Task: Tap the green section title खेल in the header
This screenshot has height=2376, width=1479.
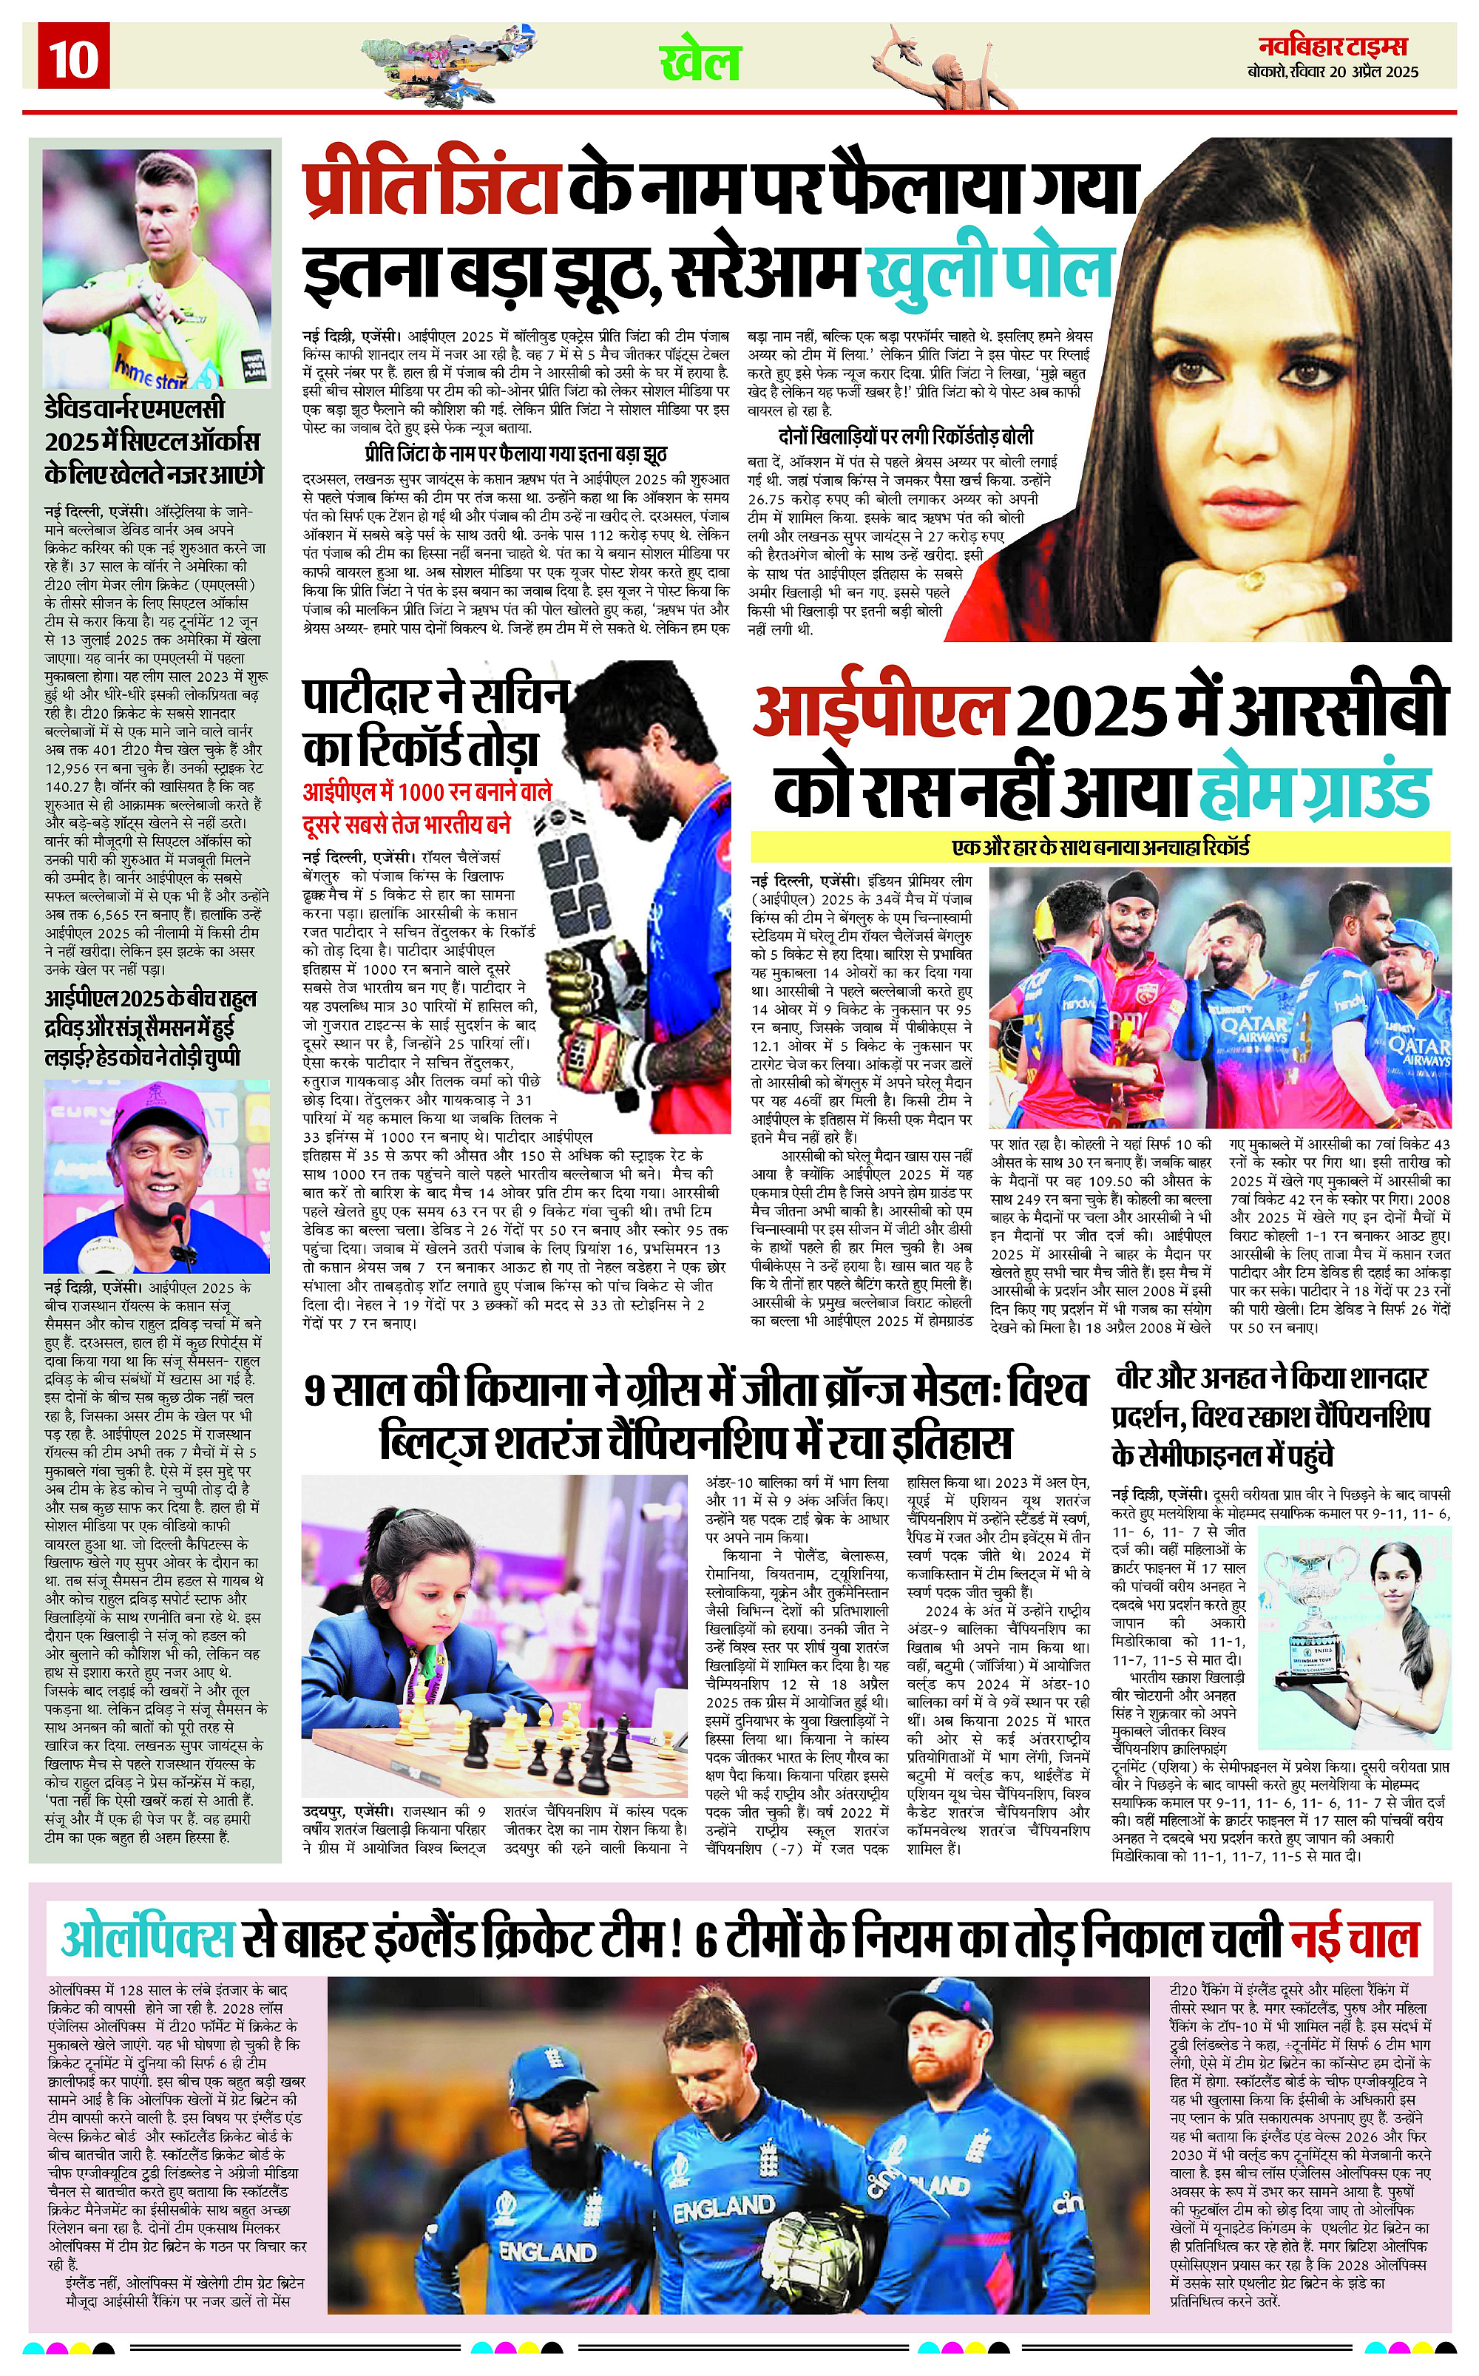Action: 700,63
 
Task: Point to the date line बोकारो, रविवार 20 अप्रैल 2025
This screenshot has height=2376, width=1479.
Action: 1333,72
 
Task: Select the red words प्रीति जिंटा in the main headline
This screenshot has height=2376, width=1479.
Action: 430,186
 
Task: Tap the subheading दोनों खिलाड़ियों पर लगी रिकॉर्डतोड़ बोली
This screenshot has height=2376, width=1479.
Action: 906,436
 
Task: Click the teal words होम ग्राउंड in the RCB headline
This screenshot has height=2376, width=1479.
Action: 1313,791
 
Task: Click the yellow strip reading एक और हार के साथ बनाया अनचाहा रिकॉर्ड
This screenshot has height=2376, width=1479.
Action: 1100,846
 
